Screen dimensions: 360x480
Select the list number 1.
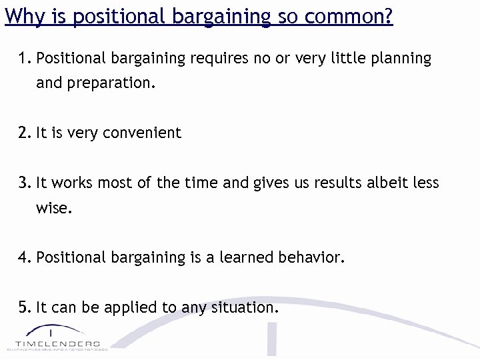point(25,59)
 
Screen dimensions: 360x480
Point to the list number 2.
point(25,133)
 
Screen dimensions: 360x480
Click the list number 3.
point(25,182)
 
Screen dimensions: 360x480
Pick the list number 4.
point(25,257)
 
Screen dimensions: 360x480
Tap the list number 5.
point(25,307)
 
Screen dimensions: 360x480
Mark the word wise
point(53,208)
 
